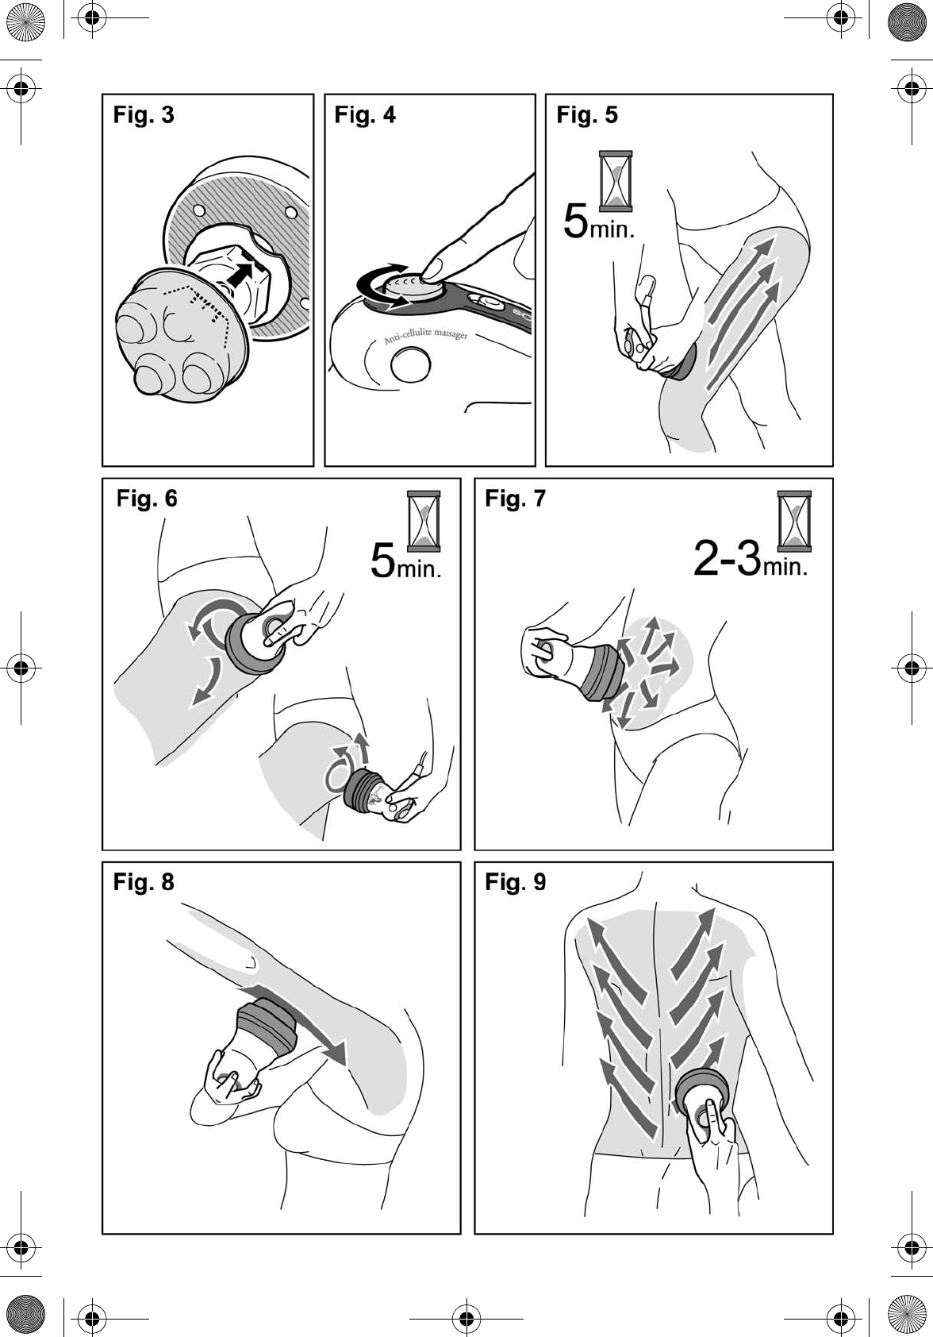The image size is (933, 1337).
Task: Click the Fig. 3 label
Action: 144,114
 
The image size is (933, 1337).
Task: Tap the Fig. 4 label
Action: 365,114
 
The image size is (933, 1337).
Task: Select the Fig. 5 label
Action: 587,114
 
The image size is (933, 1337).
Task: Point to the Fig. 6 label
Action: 147,499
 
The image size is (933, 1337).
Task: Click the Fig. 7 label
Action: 516,499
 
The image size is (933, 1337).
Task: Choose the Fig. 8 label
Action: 144,881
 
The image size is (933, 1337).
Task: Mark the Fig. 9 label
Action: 516,881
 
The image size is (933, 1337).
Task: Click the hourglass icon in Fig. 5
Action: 616,181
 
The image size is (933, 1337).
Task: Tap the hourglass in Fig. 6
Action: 424,521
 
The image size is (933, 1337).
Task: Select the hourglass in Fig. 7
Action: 794,521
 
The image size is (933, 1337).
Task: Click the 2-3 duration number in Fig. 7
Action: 728,558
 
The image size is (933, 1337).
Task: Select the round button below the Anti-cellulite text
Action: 410,364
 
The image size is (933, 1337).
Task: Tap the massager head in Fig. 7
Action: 601,672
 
